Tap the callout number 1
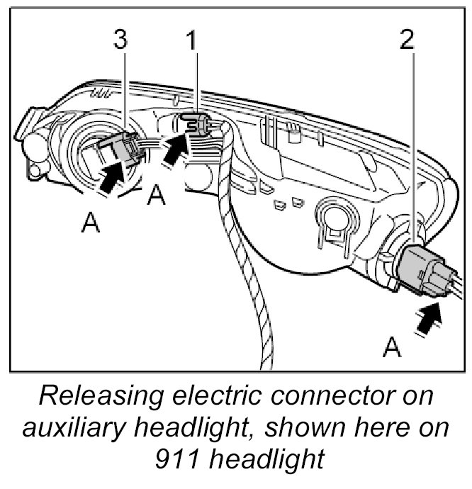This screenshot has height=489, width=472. [190, 40]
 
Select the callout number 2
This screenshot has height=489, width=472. [407, 40]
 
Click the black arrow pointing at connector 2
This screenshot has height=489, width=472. [429, 319]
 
